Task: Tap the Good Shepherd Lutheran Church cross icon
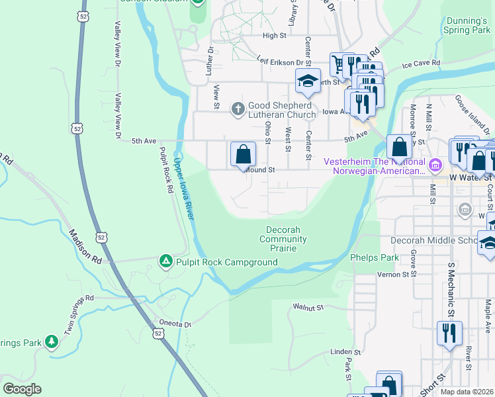pos(238,108)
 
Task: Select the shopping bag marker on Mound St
pos(243,155)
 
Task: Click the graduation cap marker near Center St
pos(308,81)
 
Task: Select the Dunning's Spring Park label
pos(467,26)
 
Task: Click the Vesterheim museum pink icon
pos(435,164)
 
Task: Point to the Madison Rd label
pos(84,247)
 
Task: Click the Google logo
pos(22,389)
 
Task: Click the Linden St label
pos(345,353)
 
